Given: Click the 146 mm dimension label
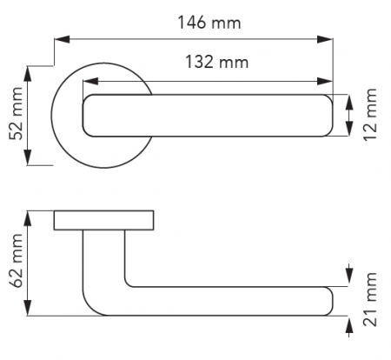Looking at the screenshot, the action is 209,23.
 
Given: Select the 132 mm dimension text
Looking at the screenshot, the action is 216,62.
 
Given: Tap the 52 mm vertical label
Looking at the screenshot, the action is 16,113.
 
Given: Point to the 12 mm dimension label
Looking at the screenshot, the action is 370,115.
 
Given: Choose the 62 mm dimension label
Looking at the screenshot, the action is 16,260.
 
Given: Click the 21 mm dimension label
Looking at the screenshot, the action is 370,299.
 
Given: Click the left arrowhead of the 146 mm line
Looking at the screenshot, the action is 62,39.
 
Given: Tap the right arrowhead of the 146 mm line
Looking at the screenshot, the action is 325,39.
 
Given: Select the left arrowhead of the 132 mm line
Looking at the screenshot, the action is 90,82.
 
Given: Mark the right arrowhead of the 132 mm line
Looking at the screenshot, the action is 325,82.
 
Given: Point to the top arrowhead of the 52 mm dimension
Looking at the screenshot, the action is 28,74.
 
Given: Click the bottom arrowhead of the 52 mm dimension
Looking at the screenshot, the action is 28,157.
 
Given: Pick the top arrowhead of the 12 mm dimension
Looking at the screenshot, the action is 349,102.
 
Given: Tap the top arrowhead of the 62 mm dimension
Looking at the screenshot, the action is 28,218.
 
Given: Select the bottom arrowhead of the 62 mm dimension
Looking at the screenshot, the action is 28,308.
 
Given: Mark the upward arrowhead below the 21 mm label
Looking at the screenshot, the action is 349,326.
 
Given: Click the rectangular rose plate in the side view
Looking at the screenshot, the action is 103,220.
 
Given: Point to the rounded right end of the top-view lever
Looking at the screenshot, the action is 329,116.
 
